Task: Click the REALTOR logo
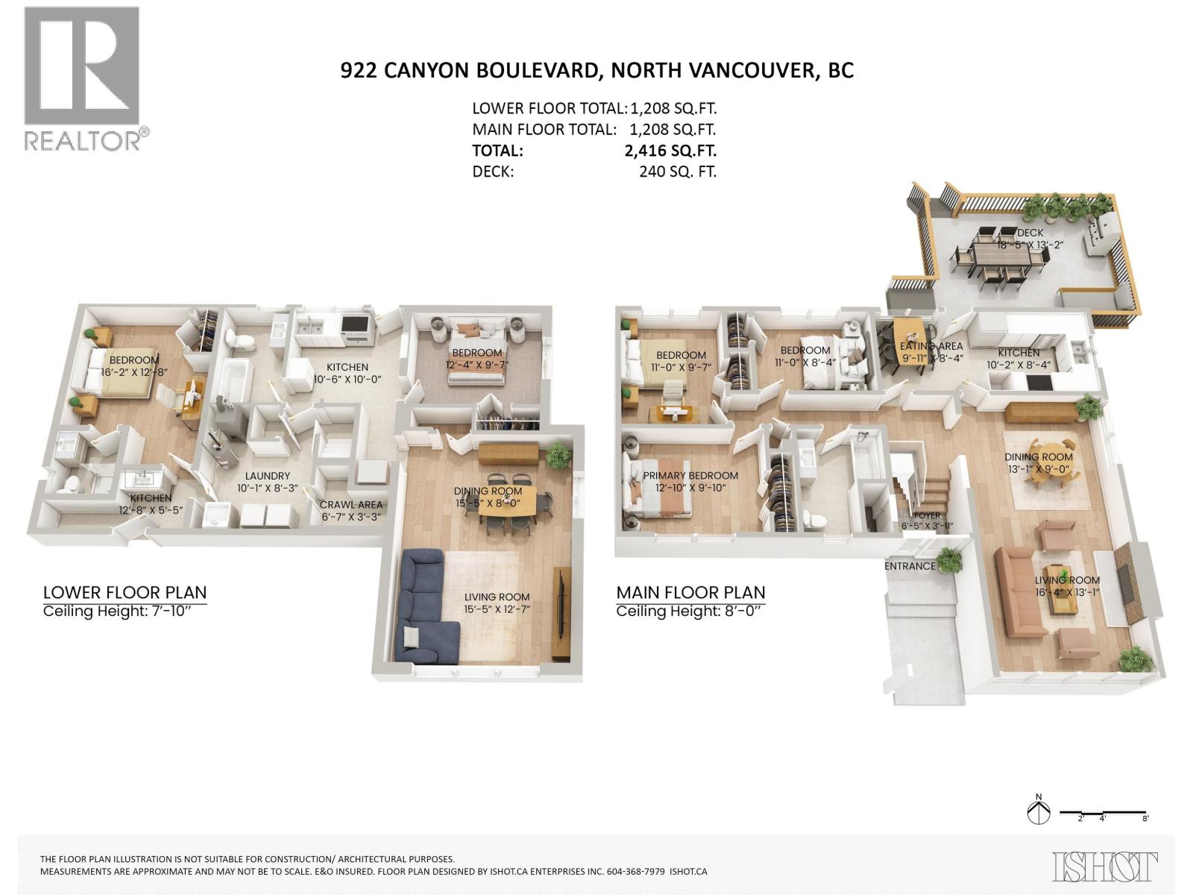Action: click(82, 78)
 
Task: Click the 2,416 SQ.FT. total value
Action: click(670, 151)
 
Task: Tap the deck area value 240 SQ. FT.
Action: click(677, 172)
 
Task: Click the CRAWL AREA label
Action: click(350, 505)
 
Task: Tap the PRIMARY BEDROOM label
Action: click(690, 476)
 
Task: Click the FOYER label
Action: click(927, 515)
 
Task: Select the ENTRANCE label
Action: click(910, 566)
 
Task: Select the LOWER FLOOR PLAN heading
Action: click(125, 593)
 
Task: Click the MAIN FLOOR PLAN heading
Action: click(690, 593)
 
